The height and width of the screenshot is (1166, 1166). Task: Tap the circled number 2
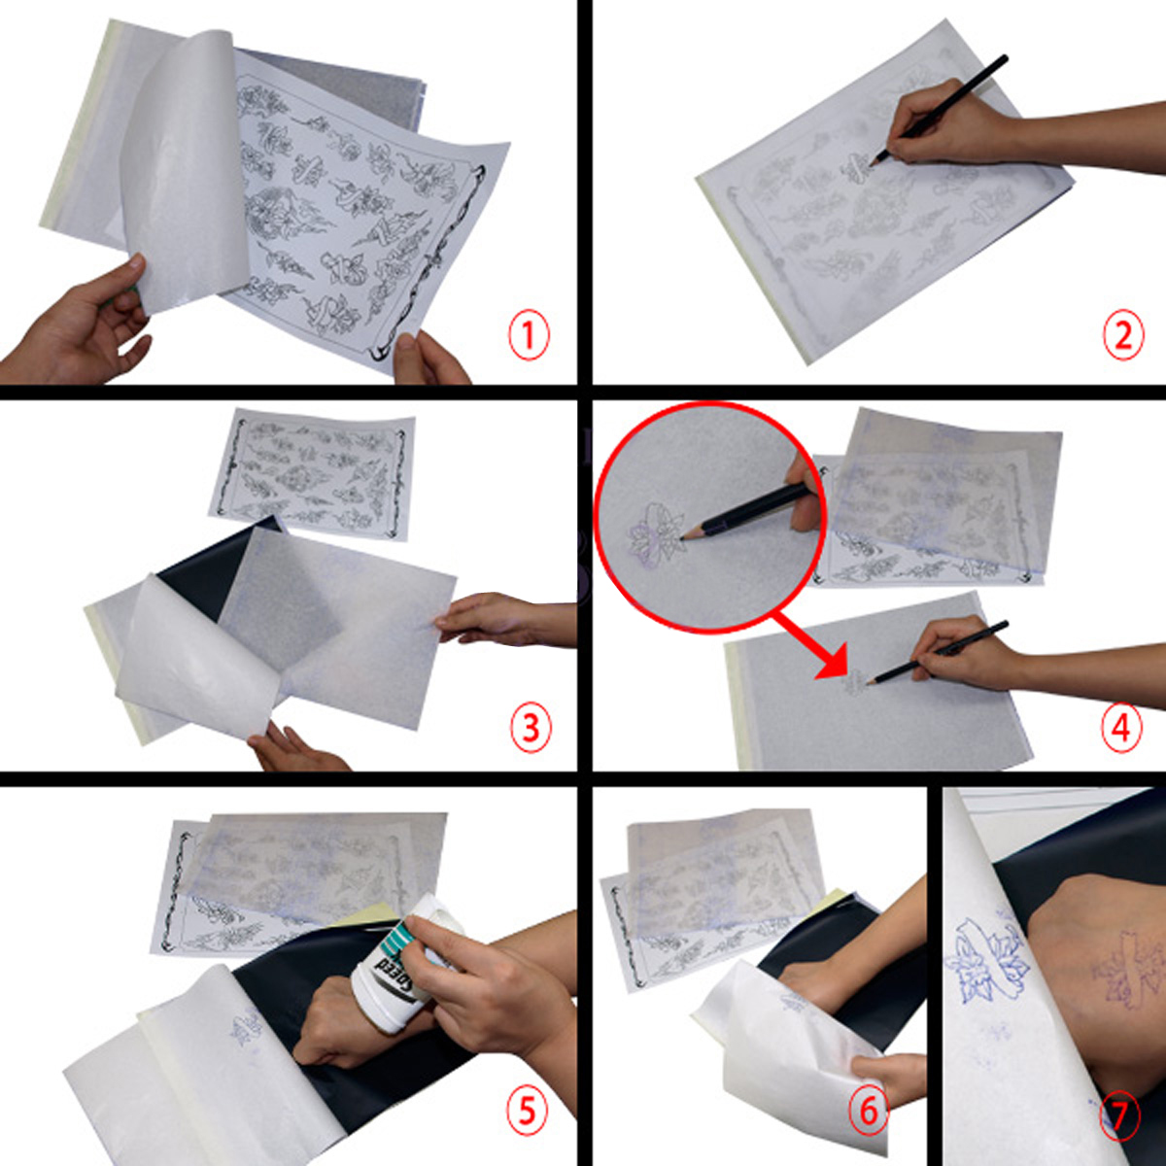click(x=1122, y=336)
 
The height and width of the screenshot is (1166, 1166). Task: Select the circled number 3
click(x=530, y=727)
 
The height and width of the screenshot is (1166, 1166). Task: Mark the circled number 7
click(x=1119, y=1117)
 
